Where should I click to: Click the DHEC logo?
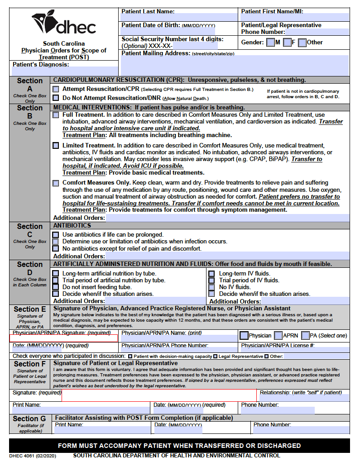[x=63, y=24]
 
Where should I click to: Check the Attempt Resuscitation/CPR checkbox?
[x=56, y=89]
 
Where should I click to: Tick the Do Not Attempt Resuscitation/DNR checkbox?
[x=56, y=98]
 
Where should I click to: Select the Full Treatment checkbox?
[x=56, y=115]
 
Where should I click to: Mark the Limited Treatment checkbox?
[x=56, y=146]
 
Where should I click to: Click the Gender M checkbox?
[x=270, y=43]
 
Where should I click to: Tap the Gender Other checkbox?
[x=302, y=43]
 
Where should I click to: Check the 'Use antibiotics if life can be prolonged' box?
[x=56, y=235]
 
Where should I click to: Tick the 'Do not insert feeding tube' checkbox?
[x=56, y=287]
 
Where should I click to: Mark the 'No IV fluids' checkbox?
[x=211, y=287]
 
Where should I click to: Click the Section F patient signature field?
[x=158, y=395]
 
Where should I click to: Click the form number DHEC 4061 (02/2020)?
[x=33, y=456]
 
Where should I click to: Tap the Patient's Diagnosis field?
[x=63, y=71]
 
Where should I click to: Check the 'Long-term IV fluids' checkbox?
[x=211, y=274]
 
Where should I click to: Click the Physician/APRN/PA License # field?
[x=294, y=350]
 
